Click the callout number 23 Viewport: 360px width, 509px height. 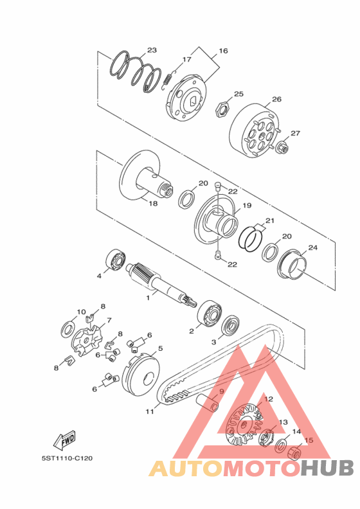pos(152,50)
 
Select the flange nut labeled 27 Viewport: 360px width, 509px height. pos(282,147)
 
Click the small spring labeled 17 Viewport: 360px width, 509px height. pos(168,81)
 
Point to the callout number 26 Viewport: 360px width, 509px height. pos(276,99)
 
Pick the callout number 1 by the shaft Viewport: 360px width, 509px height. pos(148,298)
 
